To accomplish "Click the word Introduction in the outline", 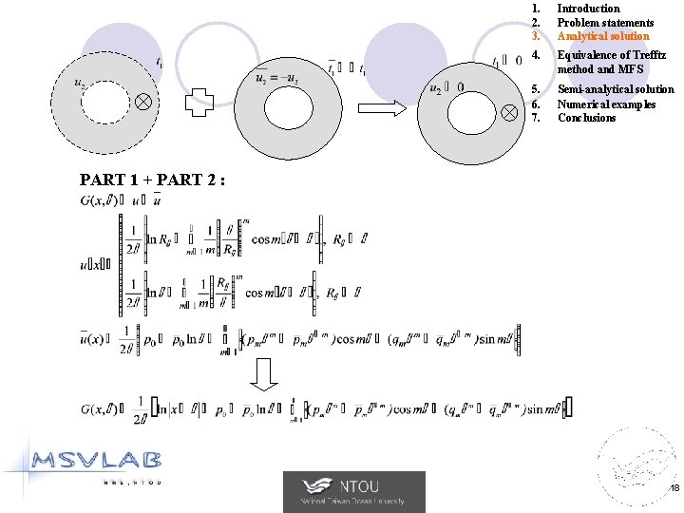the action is tap(588, 9).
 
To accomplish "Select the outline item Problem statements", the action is tap(605, 23).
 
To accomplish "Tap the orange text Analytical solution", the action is tap(603, 36).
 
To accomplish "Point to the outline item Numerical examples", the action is tap(606, 104).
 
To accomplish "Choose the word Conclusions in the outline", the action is tap(586, 118).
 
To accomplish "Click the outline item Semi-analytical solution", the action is tap(616, 89).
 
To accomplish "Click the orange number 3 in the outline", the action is tap(537, 36).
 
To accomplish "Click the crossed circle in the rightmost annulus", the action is tap(509, 111).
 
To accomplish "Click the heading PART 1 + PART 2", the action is tap(152, 179).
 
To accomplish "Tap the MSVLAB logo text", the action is tap(97, 462).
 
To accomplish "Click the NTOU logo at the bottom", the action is tap(354, 491).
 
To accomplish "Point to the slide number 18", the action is tap(674, 487).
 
